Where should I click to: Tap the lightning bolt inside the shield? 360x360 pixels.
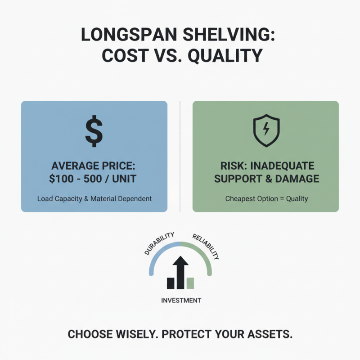[266, 130]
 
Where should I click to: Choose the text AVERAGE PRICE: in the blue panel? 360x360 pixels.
[94, 166]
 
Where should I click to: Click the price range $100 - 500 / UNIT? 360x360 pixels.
[94, 178]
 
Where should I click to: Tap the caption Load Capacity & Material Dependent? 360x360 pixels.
[94, 198]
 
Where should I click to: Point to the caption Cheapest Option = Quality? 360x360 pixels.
[266, 198]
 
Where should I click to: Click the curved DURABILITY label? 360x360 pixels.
[158, 243]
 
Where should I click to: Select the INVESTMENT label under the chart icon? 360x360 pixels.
[181, 300]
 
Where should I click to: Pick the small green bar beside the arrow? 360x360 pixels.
[190, 283]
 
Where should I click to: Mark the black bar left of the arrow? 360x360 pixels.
[171, 283]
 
